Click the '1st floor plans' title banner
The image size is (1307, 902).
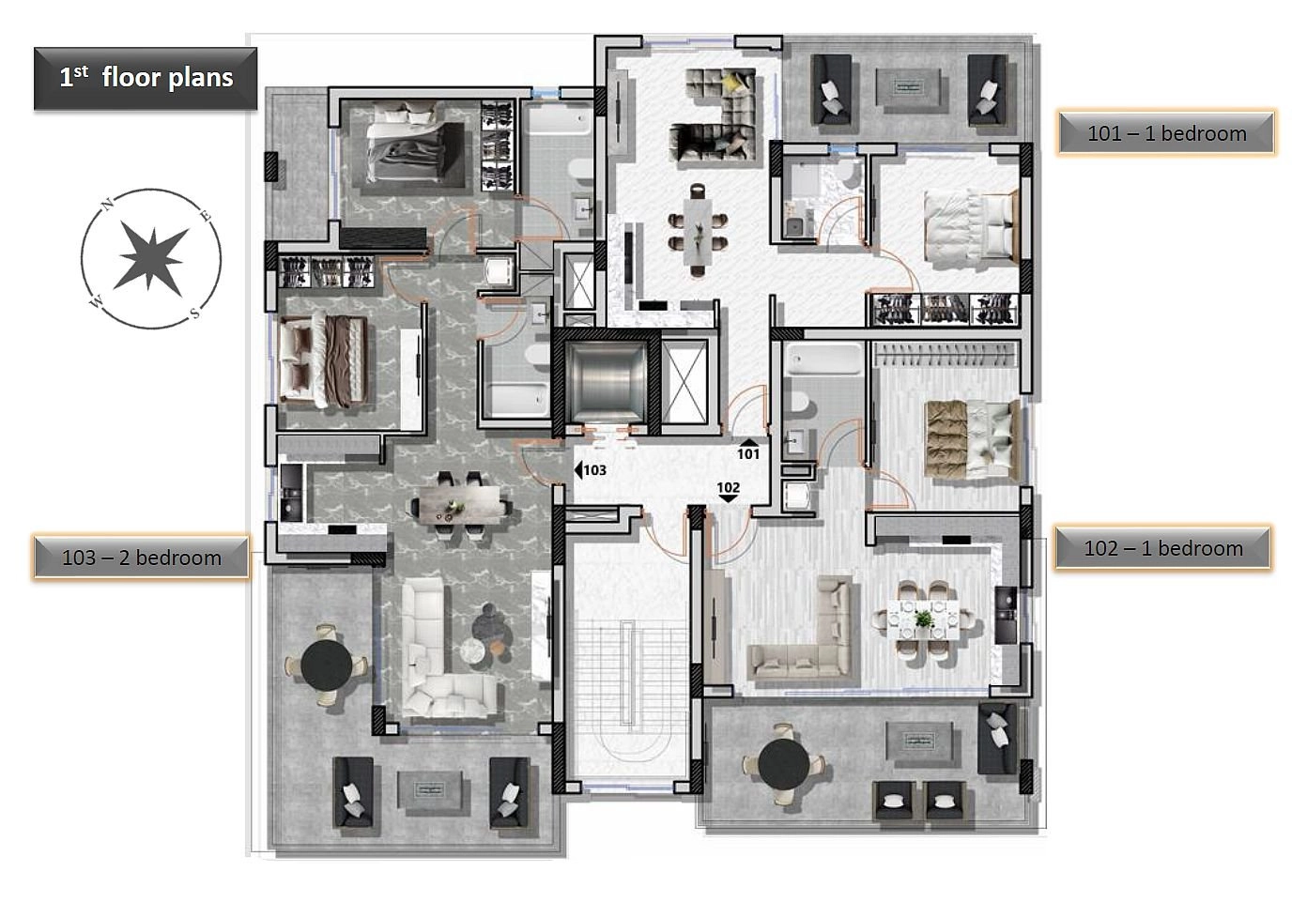(x=146, y=78)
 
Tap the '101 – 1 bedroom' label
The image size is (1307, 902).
(x=1166, y=133)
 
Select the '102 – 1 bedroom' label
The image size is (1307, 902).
(x=1163, y=548)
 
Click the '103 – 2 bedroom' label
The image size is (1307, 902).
(x=141, y=558)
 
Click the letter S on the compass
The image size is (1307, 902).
(x=195, y=313)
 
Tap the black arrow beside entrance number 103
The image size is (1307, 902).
(x=578, y=469)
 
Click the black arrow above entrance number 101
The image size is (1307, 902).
(x=747, y=442)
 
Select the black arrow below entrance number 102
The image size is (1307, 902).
(x=728, y=499)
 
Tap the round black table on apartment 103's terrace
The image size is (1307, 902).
(x=326, y=665)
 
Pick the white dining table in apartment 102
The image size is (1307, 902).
(x=923, y=619)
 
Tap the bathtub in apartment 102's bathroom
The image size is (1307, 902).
(x=823, y=359)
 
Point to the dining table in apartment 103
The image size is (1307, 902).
(x=460, y=502)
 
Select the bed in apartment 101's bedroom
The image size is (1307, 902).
(x=971, y=226)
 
